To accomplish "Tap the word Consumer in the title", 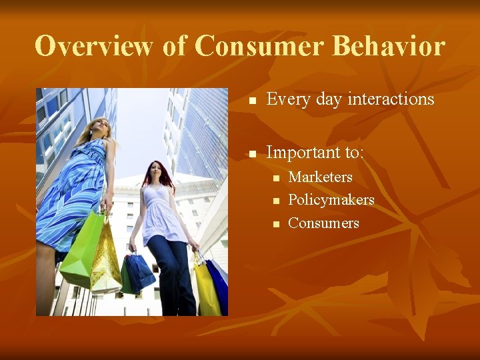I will [x=259, y=47].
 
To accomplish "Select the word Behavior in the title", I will [x=389, y=47].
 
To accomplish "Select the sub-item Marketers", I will [x=320, y=177].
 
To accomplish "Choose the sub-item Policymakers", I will [x=331, y=200].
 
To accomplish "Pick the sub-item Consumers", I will [x=323, y=223].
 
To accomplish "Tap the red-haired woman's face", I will [x=157, y=174].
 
